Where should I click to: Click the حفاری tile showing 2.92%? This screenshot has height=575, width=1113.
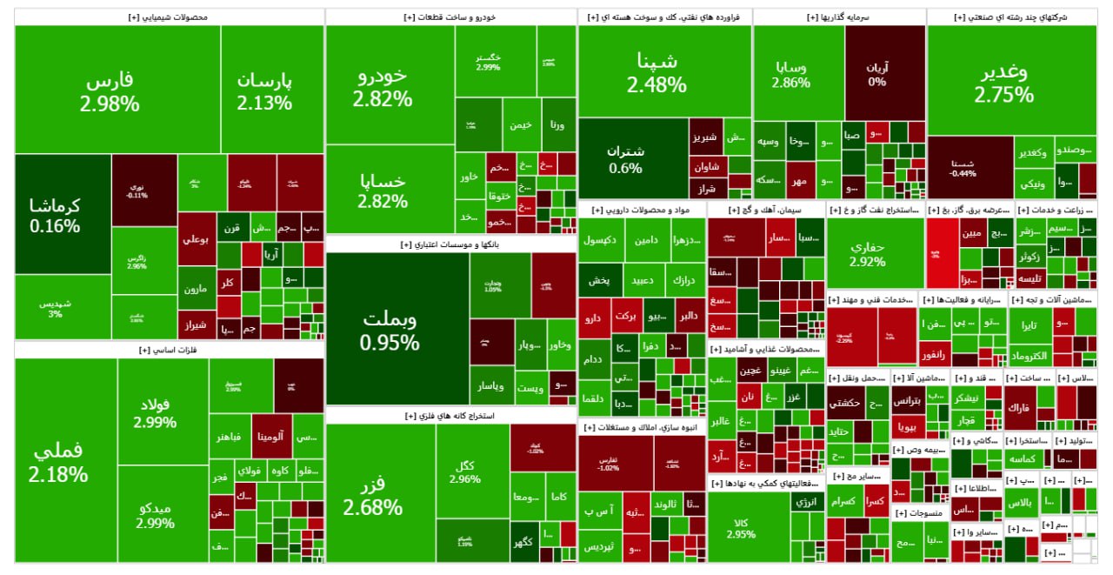[875, 252]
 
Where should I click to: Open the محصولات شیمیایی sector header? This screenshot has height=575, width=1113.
[169, 17]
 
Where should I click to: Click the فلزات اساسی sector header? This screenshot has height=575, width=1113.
[169, 350]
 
